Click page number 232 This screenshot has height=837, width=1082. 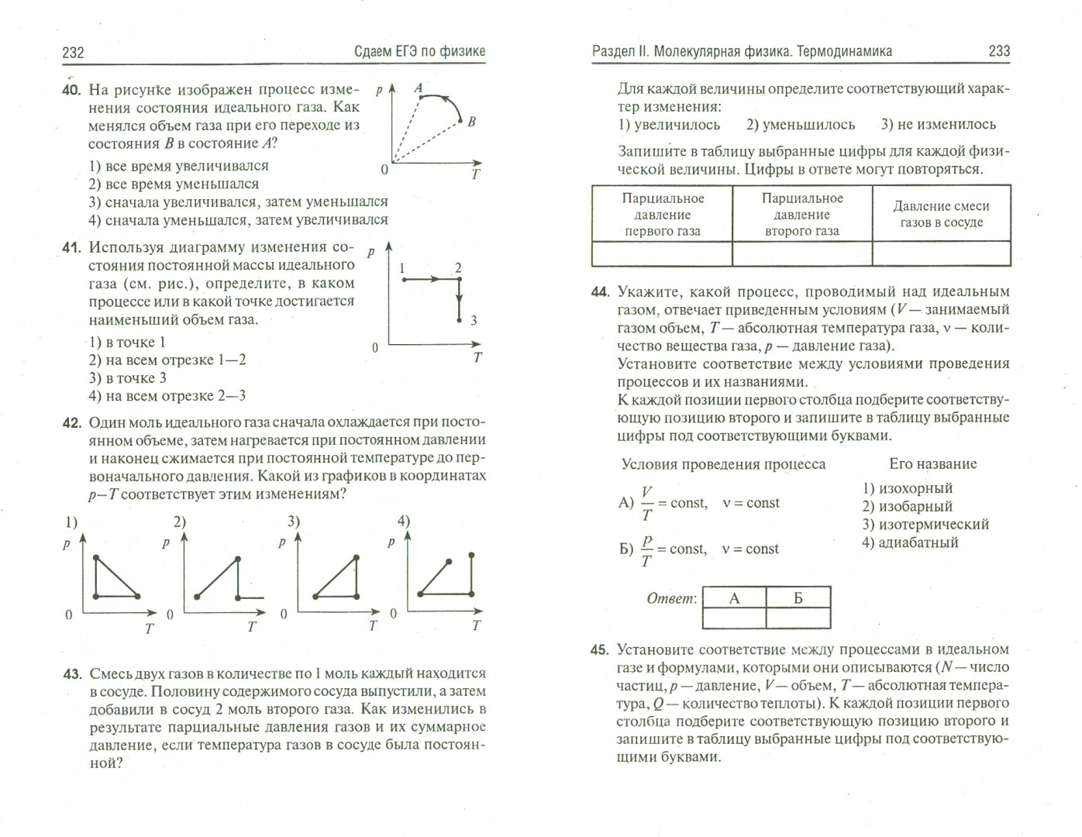coord(73,53)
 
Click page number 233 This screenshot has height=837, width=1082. coord(999,51)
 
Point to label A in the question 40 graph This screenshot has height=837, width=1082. coord(419,88)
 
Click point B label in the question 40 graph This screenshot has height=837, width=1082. coord(471,121)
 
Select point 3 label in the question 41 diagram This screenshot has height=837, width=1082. coord(474,321)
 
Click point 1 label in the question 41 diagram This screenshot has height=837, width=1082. coord(403,268)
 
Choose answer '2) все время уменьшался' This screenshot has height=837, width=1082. coord(174,184)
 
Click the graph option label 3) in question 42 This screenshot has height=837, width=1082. coord(294,521)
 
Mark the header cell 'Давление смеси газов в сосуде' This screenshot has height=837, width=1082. coord(941,214)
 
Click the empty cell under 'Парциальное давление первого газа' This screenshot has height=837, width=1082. coord(661,253)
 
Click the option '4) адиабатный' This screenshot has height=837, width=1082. coord(909,542)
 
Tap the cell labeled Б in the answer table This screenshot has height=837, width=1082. coord(798,598)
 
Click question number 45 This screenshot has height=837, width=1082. coord(600,650)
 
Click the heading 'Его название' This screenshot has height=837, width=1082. coord(932,464)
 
